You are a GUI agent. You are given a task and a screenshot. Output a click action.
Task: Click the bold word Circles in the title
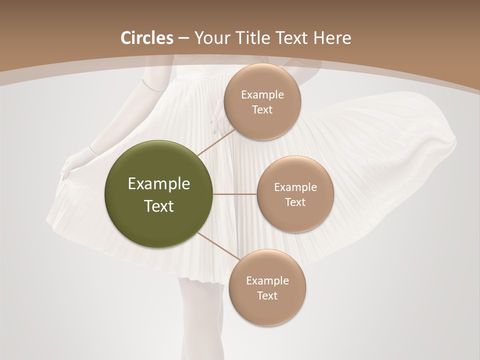pos(146,38)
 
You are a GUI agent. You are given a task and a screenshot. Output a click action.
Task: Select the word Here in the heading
pos(332,38)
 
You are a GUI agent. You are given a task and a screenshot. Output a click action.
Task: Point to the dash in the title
pos(183,38)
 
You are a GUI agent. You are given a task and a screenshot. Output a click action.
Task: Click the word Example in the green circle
pos(159,184)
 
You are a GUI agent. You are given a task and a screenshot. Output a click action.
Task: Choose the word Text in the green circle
pos(159,206)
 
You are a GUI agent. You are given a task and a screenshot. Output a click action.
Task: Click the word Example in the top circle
pos(262,95)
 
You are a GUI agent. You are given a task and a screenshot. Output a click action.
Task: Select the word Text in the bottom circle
pos(267,295)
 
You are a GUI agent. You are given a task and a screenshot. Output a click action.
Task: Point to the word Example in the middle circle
pos(295,187)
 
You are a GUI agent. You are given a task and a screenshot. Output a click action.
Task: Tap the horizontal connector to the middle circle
pos(235,194)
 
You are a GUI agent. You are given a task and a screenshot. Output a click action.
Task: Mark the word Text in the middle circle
pos(295,202)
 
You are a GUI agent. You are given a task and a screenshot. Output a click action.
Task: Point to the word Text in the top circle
pos(262,110)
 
